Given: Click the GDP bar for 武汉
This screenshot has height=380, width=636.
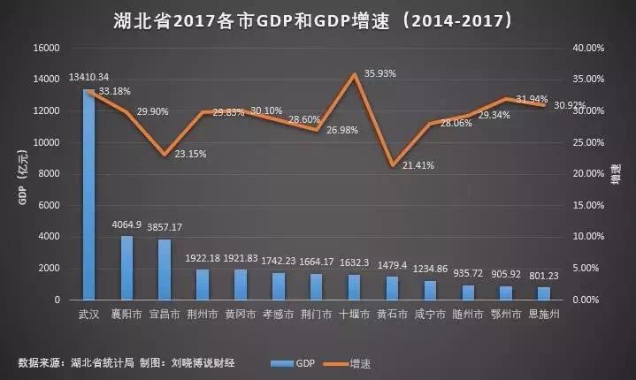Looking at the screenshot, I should click(x=89, y=194).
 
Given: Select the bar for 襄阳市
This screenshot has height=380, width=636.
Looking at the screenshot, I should click(x=127, y=268).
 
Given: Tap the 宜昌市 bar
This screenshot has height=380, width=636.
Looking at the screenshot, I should click(x=165, y=270).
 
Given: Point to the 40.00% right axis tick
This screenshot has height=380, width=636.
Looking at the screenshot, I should click(x=586, y=48).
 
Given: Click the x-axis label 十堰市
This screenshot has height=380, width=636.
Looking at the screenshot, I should click(x=353, y=313).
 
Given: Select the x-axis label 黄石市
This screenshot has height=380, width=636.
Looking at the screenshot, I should click(x=391, y=313).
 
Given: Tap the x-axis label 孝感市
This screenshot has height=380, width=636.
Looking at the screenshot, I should click(x=278, y=313).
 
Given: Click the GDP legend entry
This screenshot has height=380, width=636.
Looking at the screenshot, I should click(x=295, y=362).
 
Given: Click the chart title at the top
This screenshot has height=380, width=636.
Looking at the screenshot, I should click(x=317, y=18).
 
